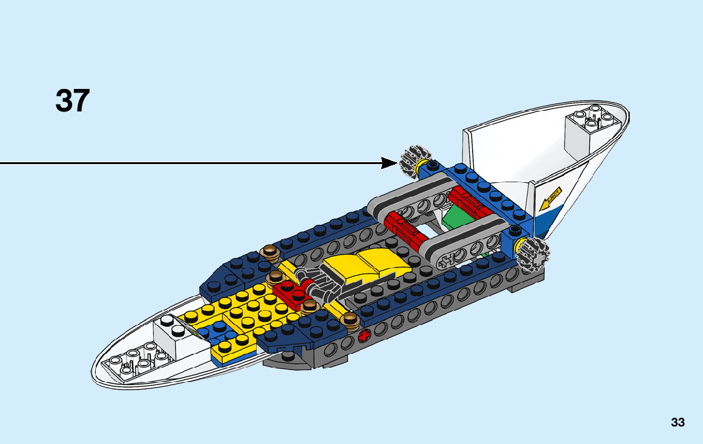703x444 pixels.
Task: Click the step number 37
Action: pyautogui.click(x=73, y=101)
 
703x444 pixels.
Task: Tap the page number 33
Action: pyautogui.click(x=677, y=422)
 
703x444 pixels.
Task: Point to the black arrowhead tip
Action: pyautogui.click(x=396, y=163)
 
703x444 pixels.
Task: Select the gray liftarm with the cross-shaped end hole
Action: pyautogui.click(x=460, y=247)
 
